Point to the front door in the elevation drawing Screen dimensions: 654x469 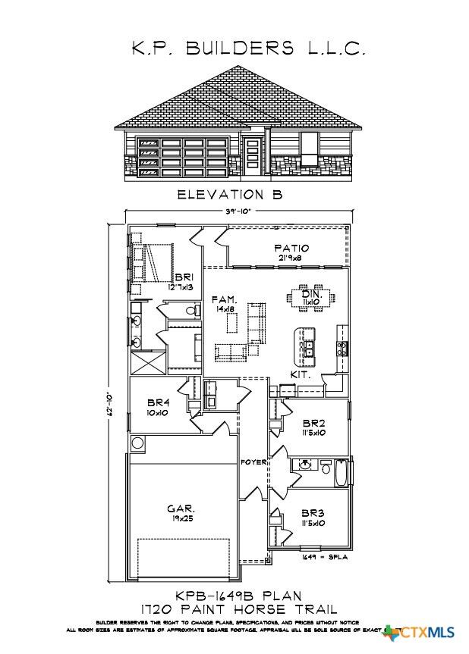(x=253, y=155)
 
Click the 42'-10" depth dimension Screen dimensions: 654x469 (x=112, y=402)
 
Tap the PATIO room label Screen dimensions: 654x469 (x=291, y=248)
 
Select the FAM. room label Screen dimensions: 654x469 (x=225, y=301)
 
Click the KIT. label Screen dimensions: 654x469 (x=301, y=375)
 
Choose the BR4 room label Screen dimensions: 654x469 (x=157, y=402)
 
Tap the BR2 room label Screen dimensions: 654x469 (x=313, y=423)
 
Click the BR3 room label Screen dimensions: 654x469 (x=313, y=512)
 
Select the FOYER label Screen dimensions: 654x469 (x=252, y=462)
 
